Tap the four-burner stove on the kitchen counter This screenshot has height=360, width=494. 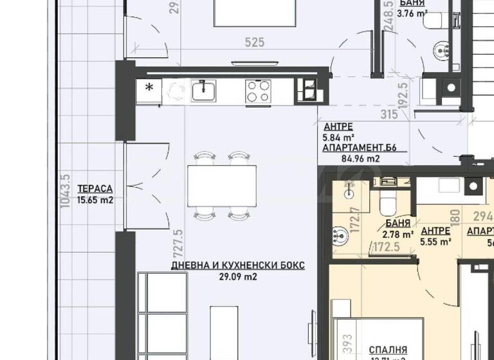(258, 91)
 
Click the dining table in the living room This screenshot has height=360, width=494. (222, 184)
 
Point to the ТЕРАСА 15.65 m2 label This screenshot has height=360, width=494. (95, 194)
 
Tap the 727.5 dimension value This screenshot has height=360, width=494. (179, 242)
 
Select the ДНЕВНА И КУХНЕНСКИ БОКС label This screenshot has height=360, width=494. (237, 265)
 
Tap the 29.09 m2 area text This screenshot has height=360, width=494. (238, 276)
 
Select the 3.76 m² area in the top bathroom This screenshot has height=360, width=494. (412, 12)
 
